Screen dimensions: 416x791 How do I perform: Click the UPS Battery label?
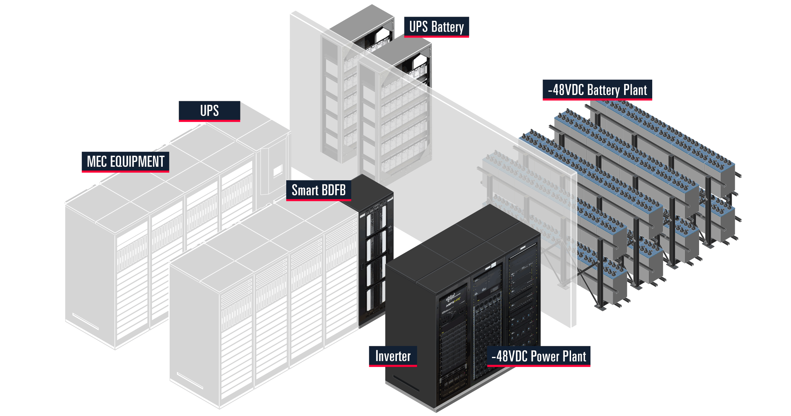point(436,27)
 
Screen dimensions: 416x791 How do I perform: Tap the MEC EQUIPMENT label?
point(125,162)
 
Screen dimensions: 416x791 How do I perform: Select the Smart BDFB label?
point(318,190)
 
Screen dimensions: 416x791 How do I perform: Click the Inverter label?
point(393,356)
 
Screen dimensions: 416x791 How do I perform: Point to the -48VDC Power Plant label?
point(538,356)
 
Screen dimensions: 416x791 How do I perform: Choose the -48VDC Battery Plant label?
point(597,90)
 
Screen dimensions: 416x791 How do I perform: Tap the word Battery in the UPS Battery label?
point(447,27)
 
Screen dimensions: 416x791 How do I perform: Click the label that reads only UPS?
point(209,111)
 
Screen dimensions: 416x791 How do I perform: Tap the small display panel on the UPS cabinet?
point(278,171)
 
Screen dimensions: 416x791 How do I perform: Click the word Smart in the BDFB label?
point(305,190)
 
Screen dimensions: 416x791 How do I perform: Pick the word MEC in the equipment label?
point(97,162)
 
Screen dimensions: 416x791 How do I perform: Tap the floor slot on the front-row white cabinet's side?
point(189,380)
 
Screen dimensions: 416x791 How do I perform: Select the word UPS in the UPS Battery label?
point(418,27)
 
